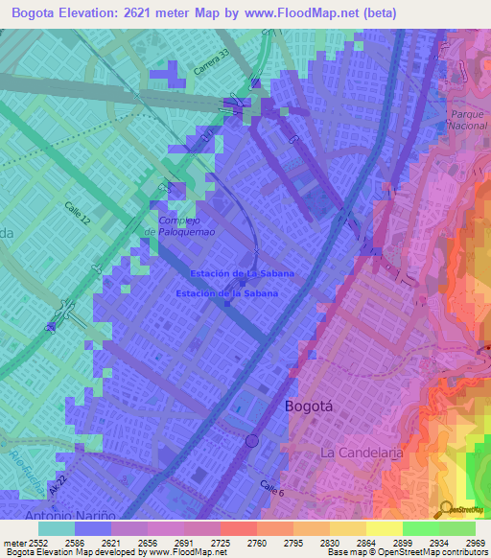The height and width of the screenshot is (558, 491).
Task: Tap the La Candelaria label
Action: tap(357, 452)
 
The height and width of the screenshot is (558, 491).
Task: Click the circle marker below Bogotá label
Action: tap(251, 441)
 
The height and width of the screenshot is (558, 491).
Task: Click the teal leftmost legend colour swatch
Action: tap(57, 528)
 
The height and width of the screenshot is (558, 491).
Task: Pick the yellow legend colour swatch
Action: tap(384, 528)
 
